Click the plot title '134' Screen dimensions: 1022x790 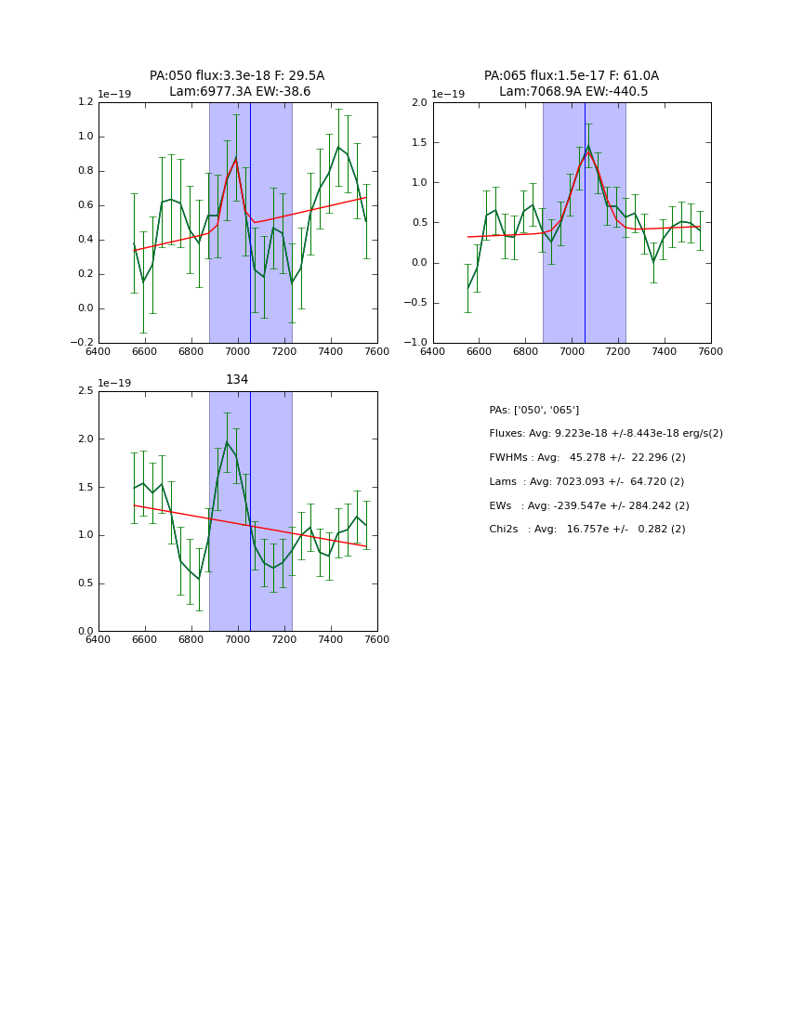pos(237,380)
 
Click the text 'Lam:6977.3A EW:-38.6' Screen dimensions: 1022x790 pos(240,92)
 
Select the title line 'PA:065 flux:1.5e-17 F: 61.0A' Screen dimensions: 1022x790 pos(572,76)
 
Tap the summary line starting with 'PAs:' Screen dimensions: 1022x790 pos(533,410)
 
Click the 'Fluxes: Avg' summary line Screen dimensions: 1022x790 pos(605,434)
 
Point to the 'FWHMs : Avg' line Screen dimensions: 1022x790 pos(587,458)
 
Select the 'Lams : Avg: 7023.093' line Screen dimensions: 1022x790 pos(586,482)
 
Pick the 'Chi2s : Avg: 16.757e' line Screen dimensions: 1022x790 pos(587,530)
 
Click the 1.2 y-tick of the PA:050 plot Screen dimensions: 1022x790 pos(86,102)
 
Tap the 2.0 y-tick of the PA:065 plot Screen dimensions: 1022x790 pos(419,102)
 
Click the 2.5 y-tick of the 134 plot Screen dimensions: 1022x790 pos(86,391)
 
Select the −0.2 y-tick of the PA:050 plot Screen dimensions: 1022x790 pos(82,343)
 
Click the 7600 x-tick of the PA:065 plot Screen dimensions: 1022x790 pos(711,352)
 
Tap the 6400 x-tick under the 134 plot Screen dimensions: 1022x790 pos(99,640)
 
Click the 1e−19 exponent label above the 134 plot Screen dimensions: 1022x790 pos(115,383)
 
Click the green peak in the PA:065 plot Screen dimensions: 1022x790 pos(588,145)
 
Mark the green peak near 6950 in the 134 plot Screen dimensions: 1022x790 pos(227,441)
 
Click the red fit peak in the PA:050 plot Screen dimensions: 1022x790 pos(236,159)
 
